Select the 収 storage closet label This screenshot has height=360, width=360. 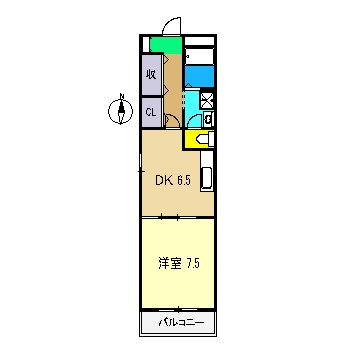[151, 74]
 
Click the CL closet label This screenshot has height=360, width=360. [151, 112]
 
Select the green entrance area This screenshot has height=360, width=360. [165, 46]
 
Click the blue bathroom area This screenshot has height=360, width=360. [199, 76]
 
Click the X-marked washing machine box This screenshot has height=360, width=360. [207, 100]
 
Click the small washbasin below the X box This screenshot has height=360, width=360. [206, 119]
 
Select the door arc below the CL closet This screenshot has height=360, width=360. [171, 122]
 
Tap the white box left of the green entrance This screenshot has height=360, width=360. [144, 45]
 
